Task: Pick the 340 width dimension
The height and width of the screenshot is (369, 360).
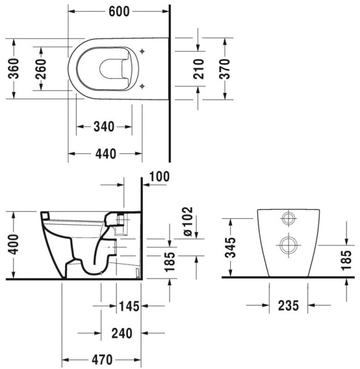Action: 103,127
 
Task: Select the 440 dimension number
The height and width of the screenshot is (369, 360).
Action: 105,154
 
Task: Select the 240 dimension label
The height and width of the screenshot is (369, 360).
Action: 122,333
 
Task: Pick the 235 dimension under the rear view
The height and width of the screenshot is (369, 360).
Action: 289,305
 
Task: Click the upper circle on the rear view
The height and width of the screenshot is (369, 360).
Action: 288,220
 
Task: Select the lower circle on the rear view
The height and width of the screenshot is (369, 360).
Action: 288,245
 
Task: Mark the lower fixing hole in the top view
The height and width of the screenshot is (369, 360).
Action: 143,84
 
